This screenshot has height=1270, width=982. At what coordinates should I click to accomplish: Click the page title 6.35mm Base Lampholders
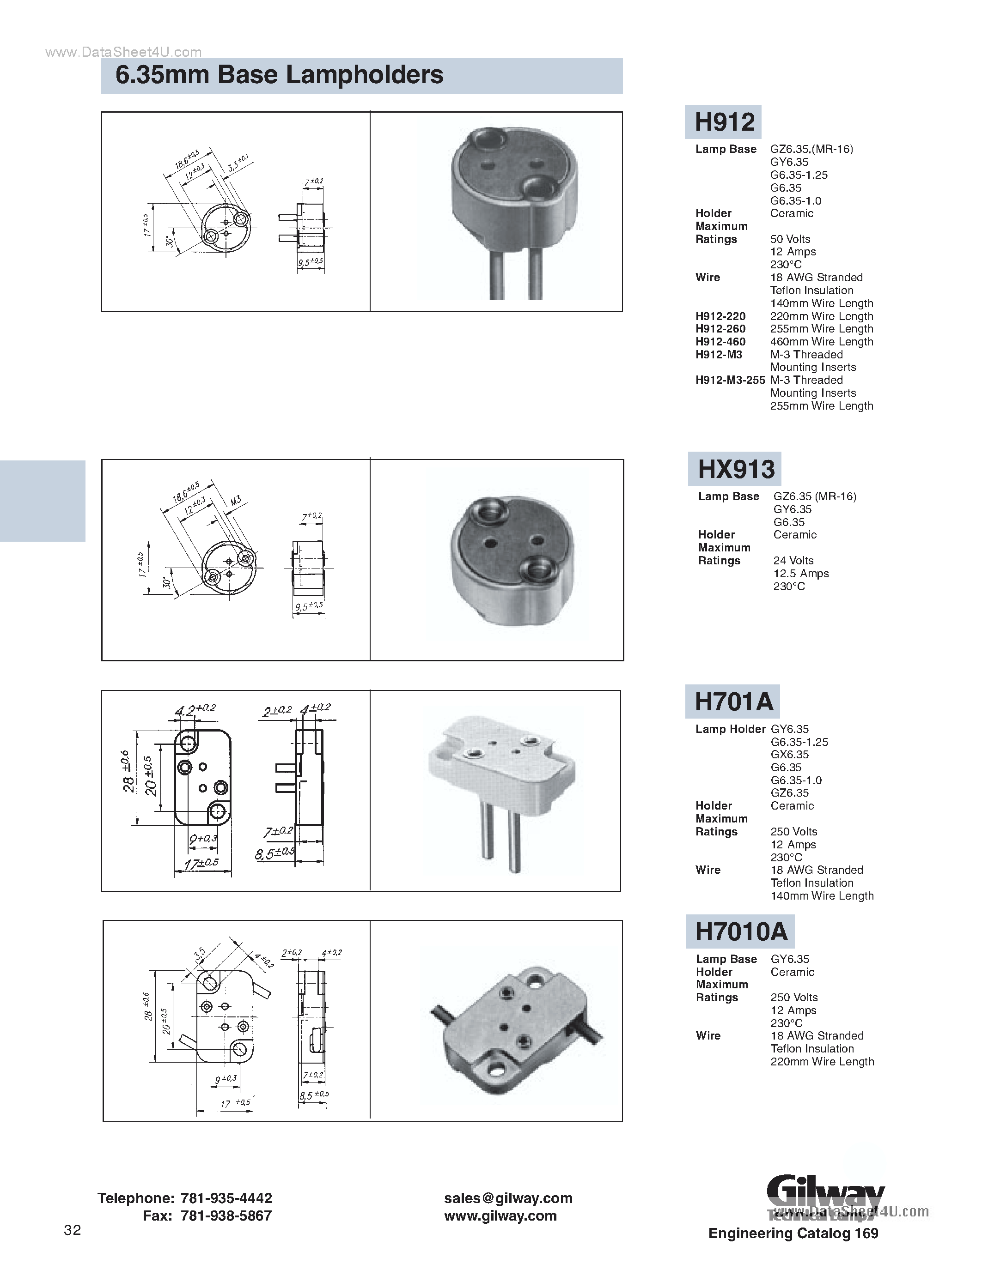[x=279, y=75]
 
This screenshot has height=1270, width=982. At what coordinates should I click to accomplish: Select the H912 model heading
[x=724, y=122]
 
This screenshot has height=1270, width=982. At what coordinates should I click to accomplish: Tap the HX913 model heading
[x=735, y=469]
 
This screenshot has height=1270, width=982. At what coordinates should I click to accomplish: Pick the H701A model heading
[x=733, y=702]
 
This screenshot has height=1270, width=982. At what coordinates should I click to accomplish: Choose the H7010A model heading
[x=741, y=931]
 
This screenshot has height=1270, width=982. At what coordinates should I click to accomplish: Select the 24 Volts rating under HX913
[x=793, y=561]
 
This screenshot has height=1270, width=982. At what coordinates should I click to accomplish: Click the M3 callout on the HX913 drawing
[x=235, y=501]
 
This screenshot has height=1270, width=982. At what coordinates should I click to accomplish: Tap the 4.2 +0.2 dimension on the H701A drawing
[x=195, y=710]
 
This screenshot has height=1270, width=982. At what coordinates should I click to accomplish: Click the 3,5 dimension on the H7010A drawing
[x=200, y=954]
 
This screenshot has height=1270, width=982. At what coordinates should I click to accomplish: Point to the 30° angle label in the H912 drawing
[x=169, y=241]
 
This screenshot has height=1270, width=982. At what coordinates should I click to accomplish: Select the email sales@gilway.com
[x=508, y=1198]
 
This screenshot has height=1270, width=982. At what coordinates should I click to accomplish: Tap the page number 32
[x=72, y=1230]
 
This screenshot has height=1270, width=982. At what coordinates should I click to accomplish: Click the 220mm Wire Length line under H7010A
[x=822, y=1061]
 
